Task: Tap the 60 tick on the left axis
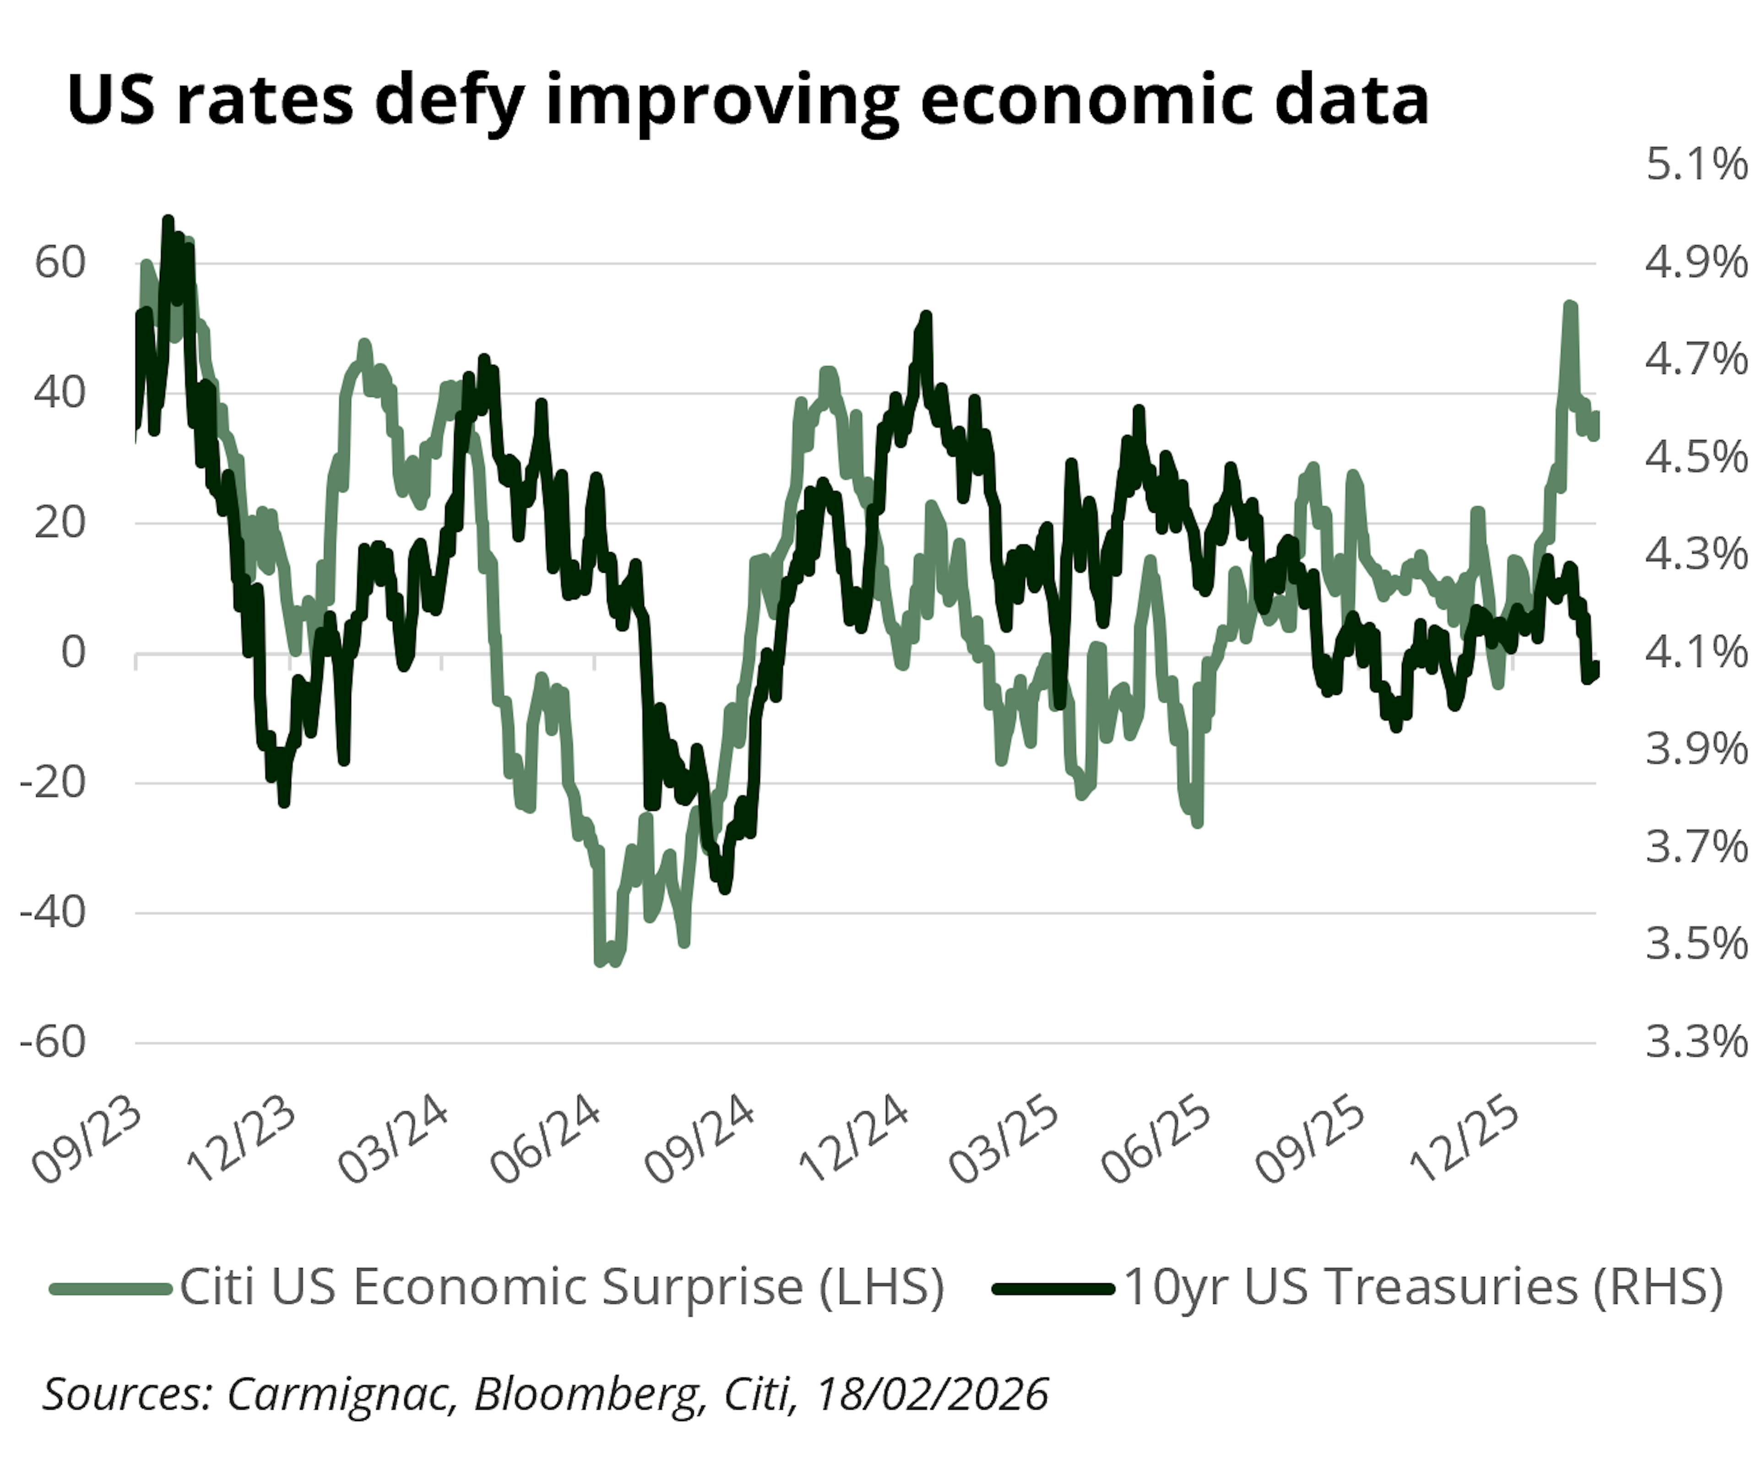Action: [60, 263]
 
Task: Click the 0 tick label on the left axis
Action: [74, 652]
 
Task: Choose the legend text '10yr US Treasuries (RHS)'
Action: [1423, 1287]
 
